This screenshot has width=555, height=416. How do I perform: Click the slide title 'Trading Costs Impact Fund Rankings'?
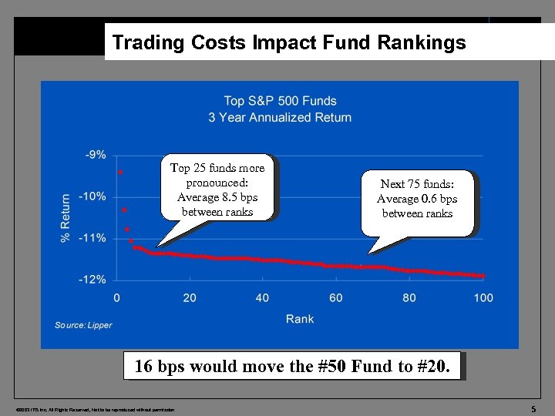289,42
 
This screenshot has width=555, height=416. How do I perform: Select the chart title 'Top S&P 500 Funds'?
280,101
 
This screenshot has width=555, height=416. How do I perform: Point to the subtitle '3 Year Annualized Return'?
280,118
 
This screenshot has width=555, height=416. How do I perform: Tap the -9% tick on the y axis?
96,155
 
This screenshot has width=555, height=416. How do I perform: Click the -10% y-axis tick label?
93,196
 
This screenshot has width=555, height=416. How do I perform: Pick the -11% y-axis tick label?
93,238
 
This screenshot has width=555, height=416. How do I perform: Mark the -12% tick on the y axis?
93,280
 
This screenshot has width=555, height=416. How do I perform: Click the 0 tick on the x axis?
116,297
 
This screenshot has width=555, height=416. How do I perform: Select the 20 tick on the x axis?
190,297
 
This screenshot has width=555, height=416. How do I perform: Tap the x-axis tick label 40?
263,297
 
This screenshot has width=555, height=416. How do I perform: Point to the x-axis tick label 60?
336,297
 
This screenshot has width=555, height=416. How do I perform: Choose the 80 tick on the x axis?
409,297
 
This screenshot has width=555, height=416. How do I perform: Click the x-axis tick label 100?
483,297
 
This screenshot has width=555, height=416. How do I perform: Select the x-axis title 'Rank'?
300,319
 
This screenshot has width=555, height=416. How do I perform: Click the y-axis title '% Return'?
66,218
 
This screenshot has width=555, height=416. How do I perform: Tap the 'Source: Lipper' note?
83,325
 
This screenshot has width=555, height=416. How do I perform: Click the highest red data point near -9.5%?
120,173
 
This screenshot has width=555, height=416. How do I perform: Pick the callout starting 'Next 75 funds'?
417,199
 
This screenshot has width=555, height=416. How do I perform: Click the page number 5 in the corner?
533,408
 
